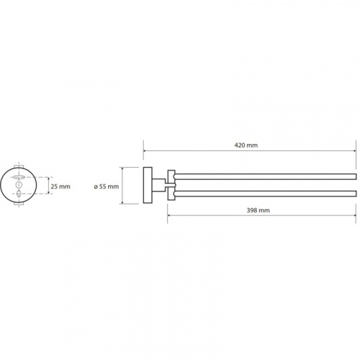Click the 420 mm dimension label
(x=246, y=145)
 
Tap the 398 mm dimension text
(x=258, y=210)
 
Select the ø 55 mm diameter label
(x=107, y=186)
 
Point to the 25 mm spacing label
(x=60, y=186)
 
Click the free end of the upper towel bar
(x=356, y=176)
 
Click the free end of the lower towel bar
(x=356, y=194)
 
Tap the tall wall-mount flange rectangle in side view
(x=148, y=185)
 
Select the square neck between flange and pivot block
(x=158, y=185)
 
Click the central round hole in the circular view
(x=19, y=185)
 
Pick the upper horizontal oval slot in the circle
(x=19, y=177)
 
